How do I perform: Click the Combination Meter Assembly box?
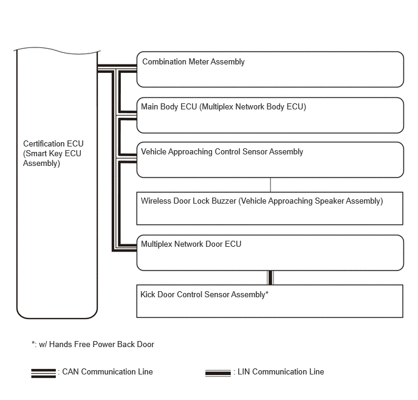coord(270,69)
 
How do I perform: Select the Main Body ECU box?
coord(270,116)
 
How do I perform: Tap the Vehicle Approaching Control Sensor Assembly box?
coord(270,160)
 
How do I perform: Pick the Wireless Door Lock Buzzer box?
coord(270,209)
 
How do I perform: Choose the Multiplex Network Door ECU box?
coord(270,253)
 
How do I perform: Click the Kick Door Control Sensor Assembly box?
coord(270,301)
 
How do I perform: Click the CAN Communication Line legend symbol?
coord(43,373)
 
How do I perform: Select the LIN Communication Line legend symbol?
coord(218,373)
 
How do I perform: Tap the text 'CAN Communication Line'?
coord(108,371)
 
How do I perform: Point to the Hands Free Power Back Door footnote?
coord(93,344)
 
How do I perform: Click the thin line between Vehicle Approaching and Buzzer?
coord(270,185)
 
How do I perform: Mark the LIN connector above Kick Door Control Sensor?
coord(270,277)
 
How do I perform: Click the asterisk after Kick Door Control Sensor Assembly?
coord(267,294)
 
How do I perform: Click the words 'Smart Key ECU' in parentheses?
coord(50,153)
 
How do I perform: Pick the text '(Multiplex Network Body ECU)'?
coord(253,107)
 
